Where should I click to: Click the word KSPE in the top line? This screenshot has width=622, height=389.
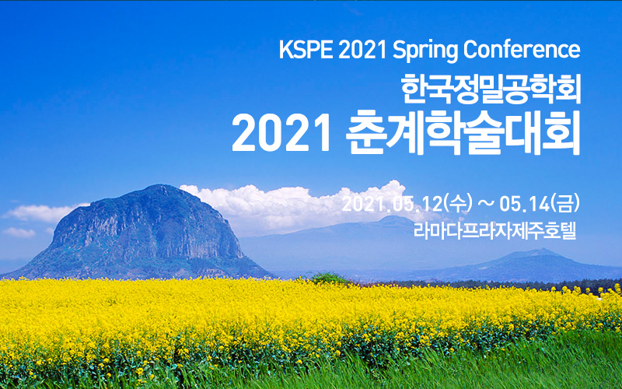(x=306, y=50)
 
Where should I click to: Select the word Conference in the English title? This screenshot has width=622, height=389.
(x=522, y=50)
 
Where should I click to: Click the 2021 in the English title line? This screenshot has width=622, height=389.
(x=362, y=50)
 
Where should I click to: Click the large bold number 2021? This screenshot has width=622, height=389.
(x=281, y=133)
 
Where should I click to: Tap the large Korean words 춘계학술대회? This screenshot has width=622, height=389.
(x=463, y=132)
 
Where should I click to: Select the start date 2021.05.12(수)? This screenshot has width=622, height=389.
(x=407, y=204)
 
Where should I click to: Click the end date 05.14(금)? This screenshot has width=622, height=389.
(x=540, y=204)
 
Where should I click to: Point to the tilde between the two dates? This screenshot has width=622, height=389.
(x=486, y=204)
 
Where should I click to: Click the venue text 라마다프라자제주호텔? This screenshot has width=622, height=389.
(x=494, y=231)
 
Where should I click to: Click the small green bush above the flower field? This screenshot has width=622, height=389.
(x=328, y=278)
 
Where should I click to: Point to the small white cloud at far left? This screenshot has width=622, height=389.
(x=19, y=232)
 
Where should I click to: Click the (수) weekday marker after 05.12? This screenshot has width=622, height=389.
(x=459, y=204)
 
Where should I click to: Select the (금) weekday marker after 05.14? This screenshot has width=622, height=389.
(x=565, y=204)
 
